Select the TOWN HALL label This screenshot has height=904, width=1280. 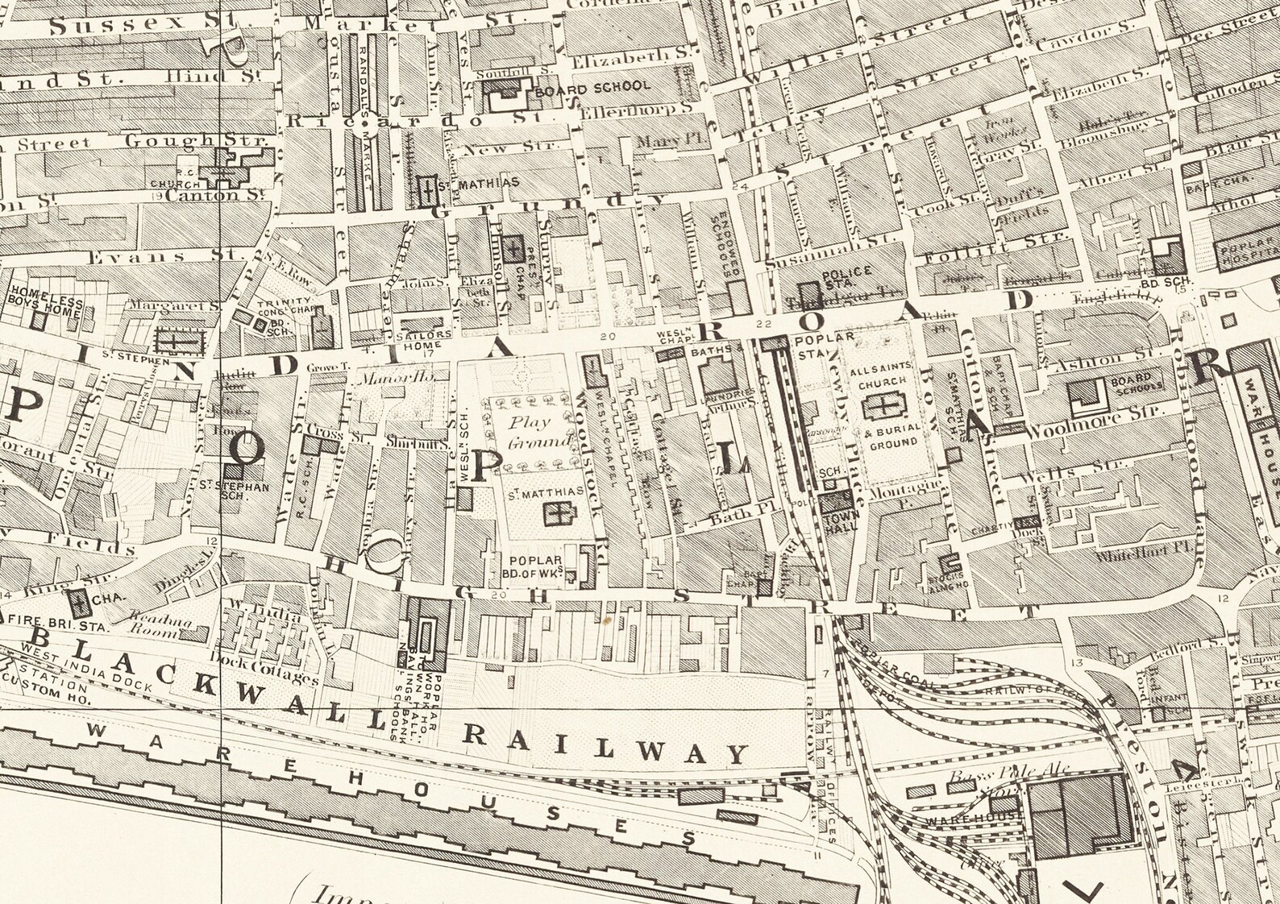pos(842,519)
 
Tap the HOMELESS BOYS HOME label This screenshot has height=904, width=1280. pos(45,301)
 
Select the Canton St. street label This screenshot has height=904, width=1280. pos(215,195)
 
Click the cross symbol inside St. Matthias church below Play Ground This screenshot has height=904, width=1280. pos(555,513)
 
